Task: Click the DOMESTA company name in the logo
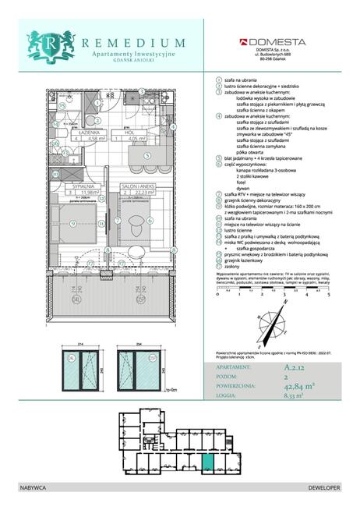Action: tap(277, 42)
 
